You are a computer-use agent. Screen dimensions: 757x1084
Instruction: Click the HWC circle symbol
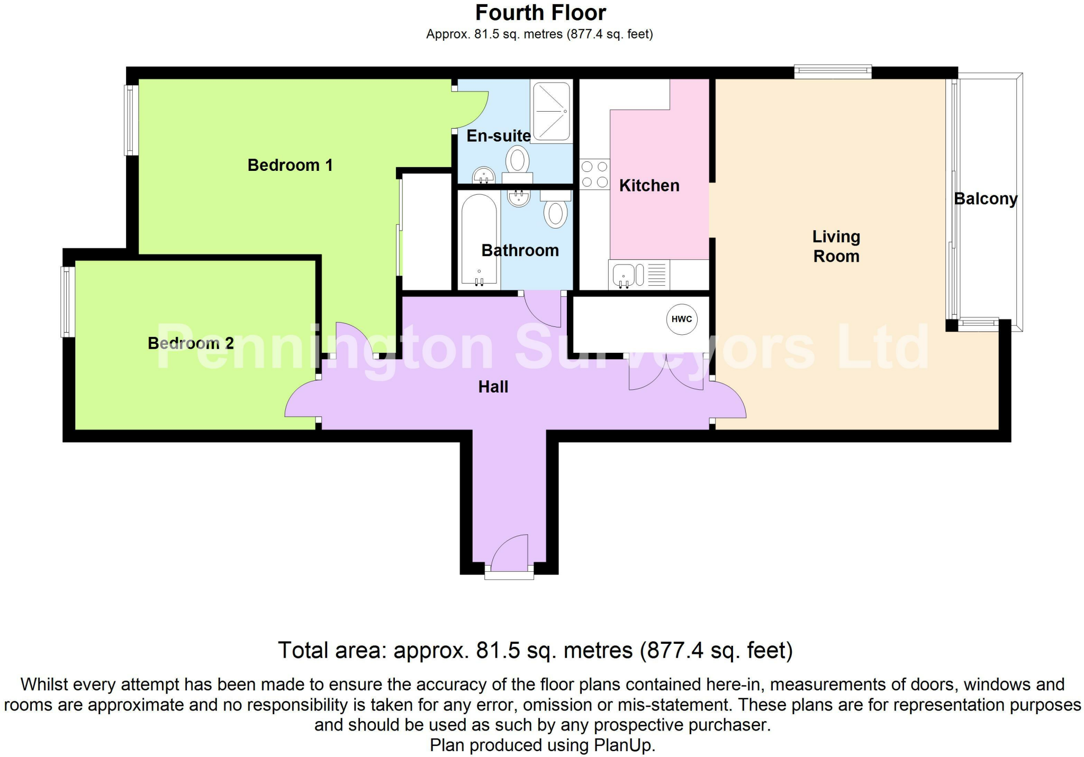point(682,319)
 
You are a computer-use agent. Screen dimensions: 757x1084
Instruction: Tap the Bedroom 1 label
point(290,165)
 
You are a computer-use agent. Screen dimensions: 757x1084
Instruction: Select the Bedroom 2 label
point(191,343)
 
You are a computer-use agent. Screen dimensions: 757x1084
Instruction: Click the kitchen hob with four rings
point(594,175)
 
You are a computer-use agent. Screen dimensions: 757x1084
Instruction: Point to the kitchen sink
point(624,275)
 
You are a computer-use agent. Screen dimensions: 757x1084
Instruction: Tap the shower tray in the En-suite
point(552,111)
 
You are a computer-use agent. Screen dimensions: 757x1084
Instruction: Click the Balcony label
point(986,199)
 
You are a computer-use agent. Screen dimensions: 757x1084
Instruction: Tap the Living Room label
point(836,247)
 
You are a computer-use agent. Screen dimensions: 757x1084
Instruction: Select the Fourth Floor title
point(540,13)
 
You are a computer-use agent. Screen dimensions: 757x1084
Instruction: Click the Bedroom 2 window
point(68,302)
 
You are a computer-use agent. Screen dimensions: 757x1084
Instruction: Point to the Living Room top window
point(833,71)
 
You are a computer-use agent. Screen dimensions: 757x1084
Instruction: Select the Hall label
point(493,387)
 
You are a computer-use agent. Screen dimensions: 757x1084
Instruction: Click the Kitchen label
point(649,186)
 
